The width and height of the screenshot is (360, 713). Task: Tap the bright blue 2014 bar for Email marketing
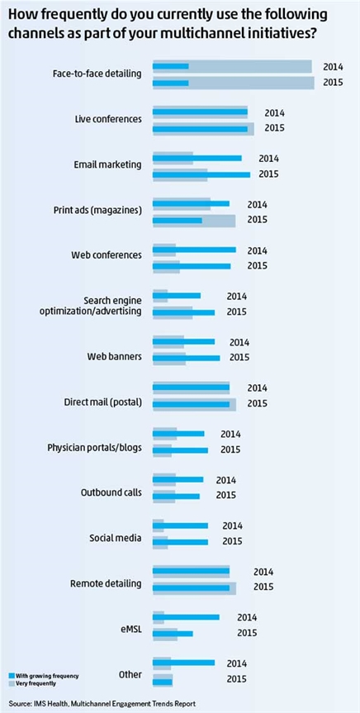197,158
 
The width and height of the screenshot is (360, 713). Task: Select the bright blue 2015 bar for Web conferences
192,265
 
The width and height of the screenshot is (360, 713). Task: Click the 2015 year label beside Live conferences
274,128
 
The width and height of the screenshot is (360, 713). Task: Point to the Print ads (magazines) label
97,212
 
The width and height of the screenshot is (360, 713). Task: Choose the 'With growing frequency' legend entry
44,676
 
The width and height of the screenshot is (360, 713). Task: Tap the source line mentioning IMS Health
102,703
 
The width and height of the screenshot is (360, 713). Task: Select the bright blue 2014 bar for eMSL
186,617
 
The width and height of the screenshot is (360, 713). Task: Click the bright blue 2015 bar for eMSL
173,633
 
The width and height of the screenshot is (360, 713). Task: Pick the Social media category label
115,539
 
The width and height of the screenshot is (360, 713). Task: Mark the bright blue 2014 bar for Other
183,663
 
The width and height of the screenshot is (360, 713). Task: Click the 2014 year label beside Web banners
239,342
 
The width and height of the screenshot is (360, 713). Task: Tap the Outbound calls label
111,493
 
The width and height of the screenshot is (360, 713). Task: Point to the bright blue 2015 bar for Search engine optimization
183,312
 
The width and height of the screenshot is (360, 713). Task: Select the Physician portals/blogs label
95,448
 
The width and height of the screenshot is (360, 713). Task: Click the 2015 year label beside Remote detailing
263,587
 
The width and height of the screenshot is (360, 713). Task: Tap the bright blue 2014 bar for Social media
180,525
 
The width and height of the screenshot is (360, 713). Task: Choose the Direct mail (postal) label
102,403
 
